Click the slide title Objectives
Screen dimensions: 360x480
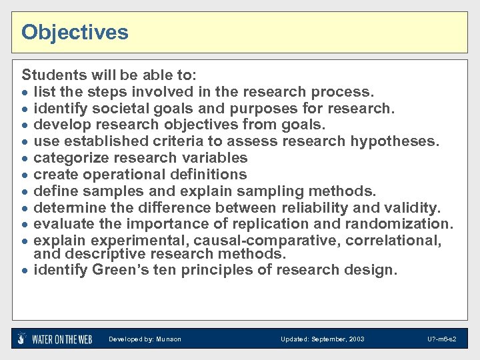(75, 32)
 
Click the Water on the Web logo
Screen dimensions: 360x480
(55, 339)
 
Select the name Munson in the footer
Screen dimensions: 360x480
(169, 339)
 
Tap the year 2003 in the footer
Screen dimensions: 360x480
(356, 339)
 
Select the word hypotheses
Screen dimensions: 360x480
(395, 141)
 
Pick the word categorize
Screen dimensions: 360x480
(68, 158)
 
